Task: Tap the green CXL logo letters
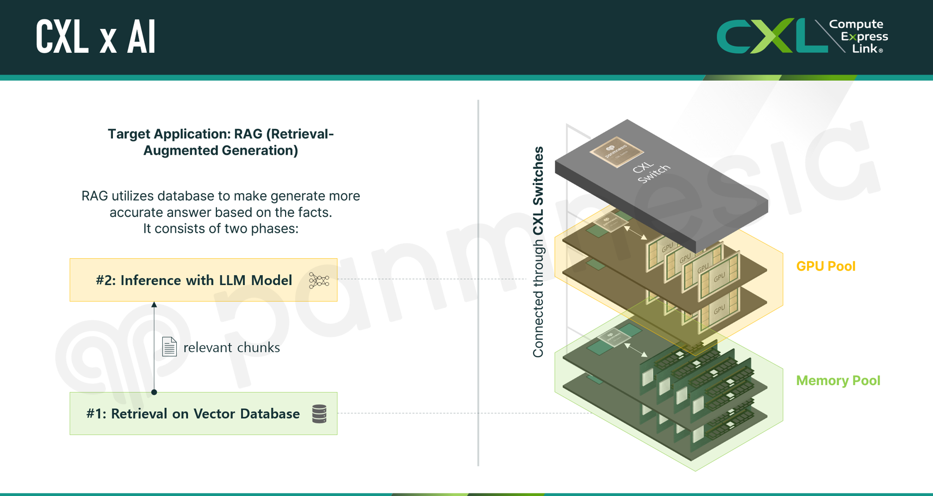click(x=771, y=36)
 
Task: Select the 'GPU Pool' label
click(x=826, y=266)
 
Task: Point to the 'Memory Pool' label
click(x=838, y=381)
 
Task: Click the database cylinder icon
click(x=319, y=413)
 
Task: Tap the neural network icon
click(x=318, y=281)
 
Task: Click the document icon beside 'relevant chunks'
click(x=169, y=347)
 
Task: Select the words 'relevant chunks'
click(x=231, y=347)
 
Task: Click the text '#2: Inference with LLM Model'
click(x=194, y=280)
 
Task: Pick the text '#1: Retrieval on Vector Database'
click(x=193, y=414)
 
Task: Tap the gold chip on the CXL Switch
click(x=616, y=151)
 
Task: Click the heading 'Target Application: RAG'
click(x=220, y=142)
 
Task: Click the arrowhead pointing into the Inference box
click(x=154, y=304)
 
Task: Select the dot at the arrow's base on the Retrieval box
click(x=154, y=392)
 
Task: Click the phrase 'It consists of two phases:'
click(x=220, y=228)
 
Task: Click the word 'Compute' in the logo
click(x=856, y=24)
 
